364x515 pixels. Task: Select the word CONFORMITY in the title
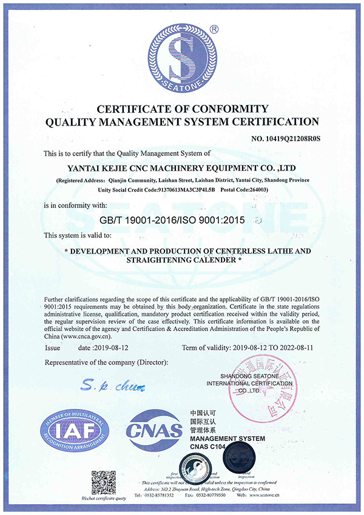(230, 109)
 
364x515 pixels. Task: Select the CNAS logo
(154, 431)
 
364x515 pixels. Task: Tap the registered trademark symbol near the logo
(214, 28)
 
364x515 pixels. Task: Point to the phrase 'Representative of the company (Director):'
(107, 362)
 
